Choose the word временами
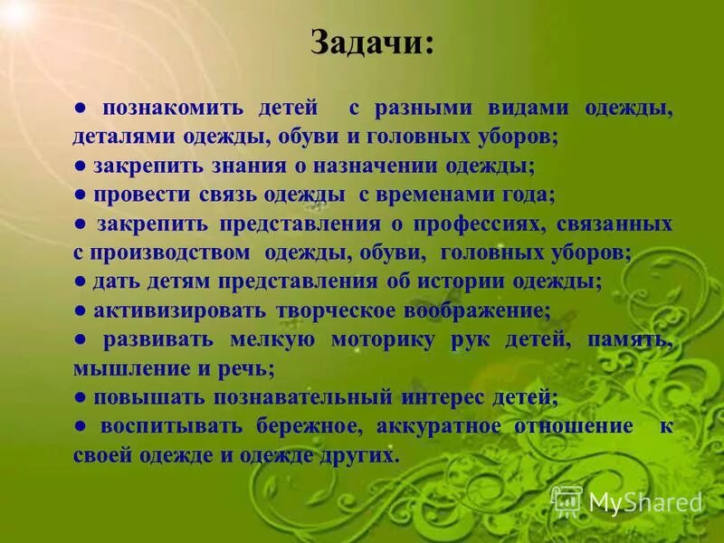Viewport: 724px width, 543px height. (x=439, y=195)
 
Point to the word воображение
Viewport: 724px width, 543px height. (x=480, y=310)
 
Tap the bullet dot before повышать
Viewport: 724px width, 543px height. (x=80, y=397)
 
